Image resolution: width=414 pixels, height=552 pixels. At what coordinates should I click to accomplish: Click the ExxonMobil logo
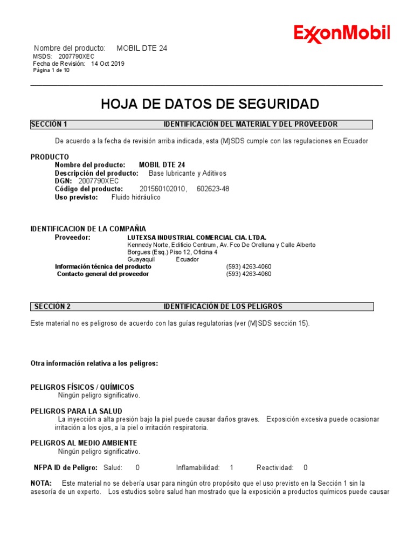pyautogui.click(x=342, y=34)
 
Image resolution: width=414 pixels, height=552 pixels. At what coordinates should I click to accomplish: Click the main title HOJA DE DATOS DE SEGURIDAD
pyautogui.click(x=210, y=104)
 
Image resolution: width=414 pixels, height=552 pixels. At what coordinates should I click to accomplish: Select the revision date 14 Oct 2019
pyautogui.click(x=108, y=63)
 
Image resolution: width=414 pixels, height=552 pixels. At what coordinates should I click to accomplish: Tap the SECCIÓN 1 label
pyautogui.click(x=49, y=124)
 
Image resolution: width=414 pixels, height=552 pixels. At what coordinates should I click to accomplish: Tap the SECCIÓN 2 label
pyautogui.click(x=52, y=306)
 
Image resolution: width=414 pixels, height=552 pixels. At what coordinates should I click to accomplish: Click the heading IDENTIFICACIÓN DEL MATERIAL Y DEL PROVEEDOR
pyautogui.click(x=251, y=124)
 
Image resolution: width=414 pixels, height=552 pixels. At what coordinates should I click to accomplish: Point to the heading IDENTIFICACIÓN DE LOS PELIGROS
pyautogui.click(x=223, y=306)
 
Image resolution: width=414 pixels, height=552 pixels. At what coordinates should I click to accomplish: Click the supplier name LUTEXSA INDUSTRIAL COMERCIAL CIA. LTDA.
pyautogui.click(x=197, y=237)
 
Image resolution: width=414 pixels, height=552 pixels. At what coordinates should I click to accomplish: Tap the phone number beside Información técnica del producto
pyautogui.click(x=249, y=266)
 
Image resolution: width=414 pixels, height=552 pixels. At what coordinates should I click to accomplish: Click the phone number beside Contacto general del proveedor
pyautogui.click(x=249, y=274)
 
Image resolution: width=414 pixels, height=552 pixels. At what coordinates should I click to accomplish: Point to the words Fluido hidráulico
pyautogui.click(x=136, y=197)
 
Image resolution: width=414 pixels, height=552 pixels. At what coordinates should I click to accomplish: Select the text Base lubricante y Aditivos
pyautogui.click(x=188, y=173)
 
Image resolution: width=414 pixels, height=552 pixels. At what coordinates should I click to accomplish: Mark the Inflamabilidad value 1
pyautogui.click(x=232, y=467)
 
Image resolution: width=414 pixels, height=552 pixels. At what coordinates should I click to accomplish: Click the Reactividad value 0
pyautogui.click(x=306, y=467)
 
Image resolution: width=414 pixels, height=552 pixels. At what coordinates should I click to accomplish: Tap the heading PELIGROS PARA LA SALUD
pyautogui.click(x=77, y=411)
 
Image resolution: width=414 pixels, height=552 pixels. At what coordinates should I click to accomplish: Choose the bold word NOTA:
pyautogui.click(x=42, y=483)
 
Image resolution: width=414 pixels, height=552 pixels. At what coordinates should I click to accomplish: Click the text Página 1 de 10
pyautogui.click(x=51, y=70)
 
